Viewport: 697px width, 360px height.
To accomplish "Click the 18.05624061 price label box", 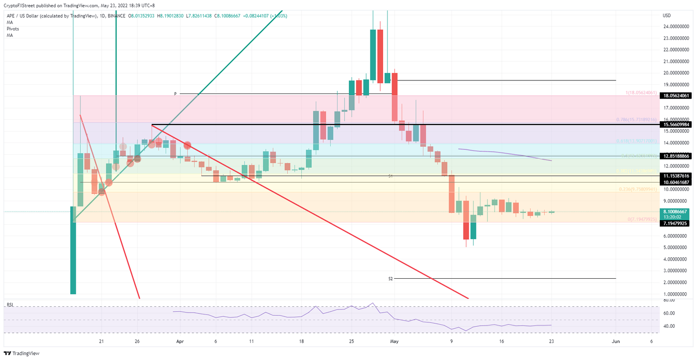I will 676,96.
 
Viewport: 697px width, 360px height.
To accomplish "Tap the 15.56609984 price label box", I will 676,124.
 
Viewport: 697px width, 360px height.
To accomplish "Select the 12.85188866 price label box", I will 676,156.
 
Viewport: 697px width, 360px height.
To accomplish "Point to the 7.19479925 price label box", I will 676,223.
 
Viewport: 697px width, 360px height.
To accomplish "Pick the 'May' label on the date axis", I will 394,341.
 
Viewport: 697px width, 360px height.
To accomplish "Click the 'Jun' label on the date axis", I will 616,341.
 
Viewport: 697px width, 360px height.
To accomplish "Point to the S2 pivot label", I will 390,279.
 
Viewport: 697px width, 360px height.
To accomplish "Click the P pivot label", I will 175,94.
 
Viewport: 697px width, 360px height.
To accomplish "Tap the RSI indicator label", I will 10,305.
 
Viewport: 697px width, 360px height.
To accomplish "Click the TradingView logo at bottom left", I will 22,353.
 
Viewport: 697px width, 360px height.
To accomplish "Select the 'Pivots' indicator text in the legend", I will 13,29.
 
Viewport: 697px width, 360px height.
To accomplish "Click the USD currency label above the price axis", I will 667,15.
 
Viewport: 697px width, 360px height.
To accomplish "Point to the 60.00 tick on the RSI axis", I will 668,313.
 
